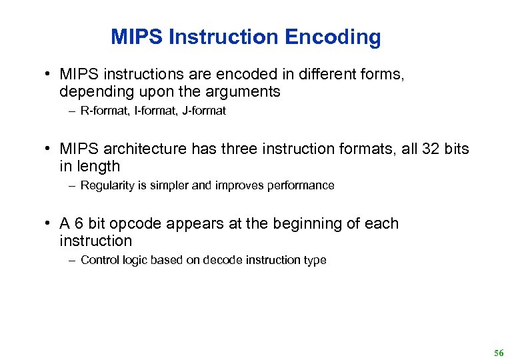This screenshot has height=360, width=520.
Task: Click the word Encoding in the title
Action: tap(333, 37)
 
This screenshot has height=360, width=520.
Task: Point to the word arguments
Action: tap(238, 91)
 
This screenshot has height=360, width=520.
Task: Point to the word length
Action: tap(98, 166)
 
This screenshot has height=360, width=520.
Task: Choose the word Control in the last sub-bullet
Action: tap(98, 261)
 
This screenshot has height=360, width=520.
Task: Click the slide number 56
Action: tap(499, 352)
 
